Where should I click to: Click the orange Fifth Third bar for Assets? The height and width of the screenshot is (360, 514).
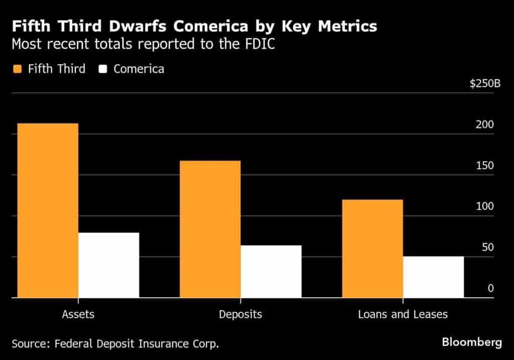point(48,210)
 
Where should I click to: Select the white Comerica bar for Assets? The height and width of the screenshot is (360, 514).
point(108,265)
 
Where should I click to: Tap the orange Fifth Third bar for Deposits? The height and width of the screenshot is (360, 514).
point(210,229)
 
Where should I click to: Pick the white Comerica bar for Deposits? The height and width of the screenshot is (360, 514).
point(271,272)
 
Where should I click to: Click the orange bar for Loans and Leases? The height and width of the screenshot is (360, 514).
point(372,249)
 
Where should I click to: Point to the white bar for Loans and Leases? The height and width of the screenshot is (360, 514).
point(433,277)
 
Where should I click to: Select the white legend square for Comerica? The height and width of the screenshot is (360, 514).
point(103,69)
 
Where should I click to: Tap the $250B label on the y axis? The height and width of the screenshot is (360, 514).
point(485,83)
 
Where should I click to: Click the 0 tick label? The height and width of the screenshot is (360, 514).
point(490,289)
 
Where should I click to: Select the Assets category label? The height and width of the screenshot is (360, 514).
point(78,315)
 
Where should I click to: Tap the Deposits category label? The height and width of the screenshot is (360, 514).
point(240,315)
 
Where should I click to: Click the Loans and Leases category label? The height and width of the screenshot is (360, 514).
point(403,315)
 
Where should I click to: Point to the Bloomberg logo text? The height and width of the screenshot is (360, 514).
point(471,342)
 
